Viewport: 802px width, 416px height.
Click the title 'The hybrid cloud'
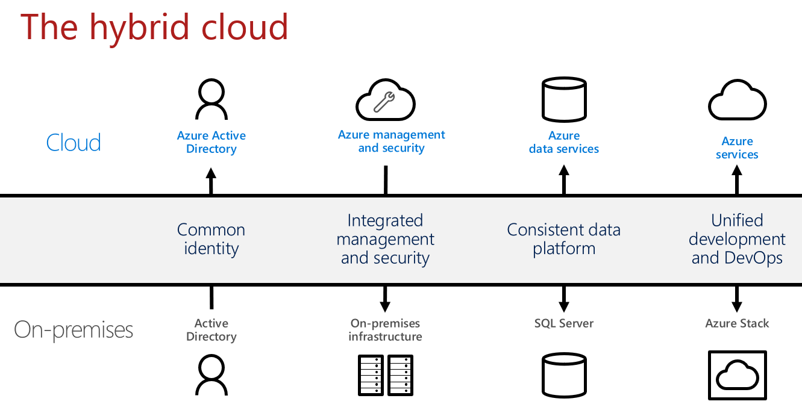tap(154, 28)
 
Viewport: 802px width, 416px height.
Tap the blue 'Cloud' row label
tap(74, 142)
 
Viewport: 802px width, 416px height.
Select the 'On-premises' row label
tap(74, 330)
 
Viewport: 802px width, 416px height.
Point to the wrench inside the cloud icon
tap(384, 102)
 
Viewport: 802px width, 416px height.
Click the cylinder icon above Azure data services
tap(564, 99)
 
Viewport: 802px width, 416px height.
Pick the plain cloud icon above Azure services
tap(737, 100)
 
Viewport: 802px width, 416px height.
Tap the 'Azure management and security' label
tap(391, 141)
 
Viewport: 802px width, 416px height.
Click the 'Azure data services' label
tap(564, 142)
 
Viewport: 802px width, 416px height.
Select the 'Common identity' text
tap(211, 239)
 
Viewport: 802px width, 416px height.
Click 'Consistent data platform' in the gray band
tap(564, 239)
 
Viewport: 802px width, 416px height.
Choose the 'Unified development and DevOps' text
tap(737, 239)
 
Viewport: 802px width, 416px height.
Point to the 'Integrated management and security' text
tap(385, 239)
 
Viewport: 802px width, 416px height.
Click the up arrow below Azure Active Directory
tap(211, 181)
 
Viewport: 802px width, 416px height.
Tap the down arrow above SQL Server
tap(564, 299)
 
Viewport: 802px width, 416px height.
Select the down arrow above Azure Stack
tap(737, 299)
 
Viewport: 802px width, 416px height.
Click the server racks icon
tap(385, 375)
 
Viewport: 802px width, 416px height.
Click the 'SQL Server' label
tap(564, 323)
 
